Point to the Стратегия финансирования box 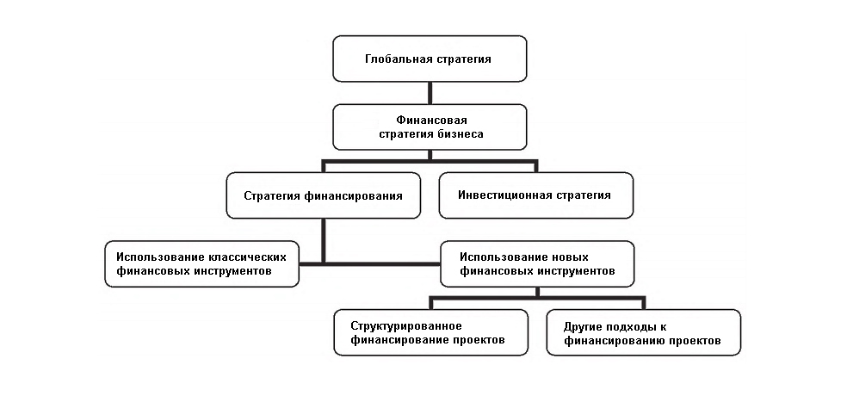pos(324,195)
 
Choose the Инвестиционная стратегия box pos(535,195)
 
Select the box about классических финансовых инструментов pos(201,263)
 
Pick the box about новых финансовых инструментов pos(537,263)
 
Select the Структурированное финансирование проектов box pos(430,332)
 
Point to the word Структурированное pos(407,325)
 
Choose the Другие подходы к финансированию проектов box pos(643,332)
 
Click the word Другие pos(584,325)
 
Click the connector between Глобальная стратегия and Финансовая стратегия pos(430,93)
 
